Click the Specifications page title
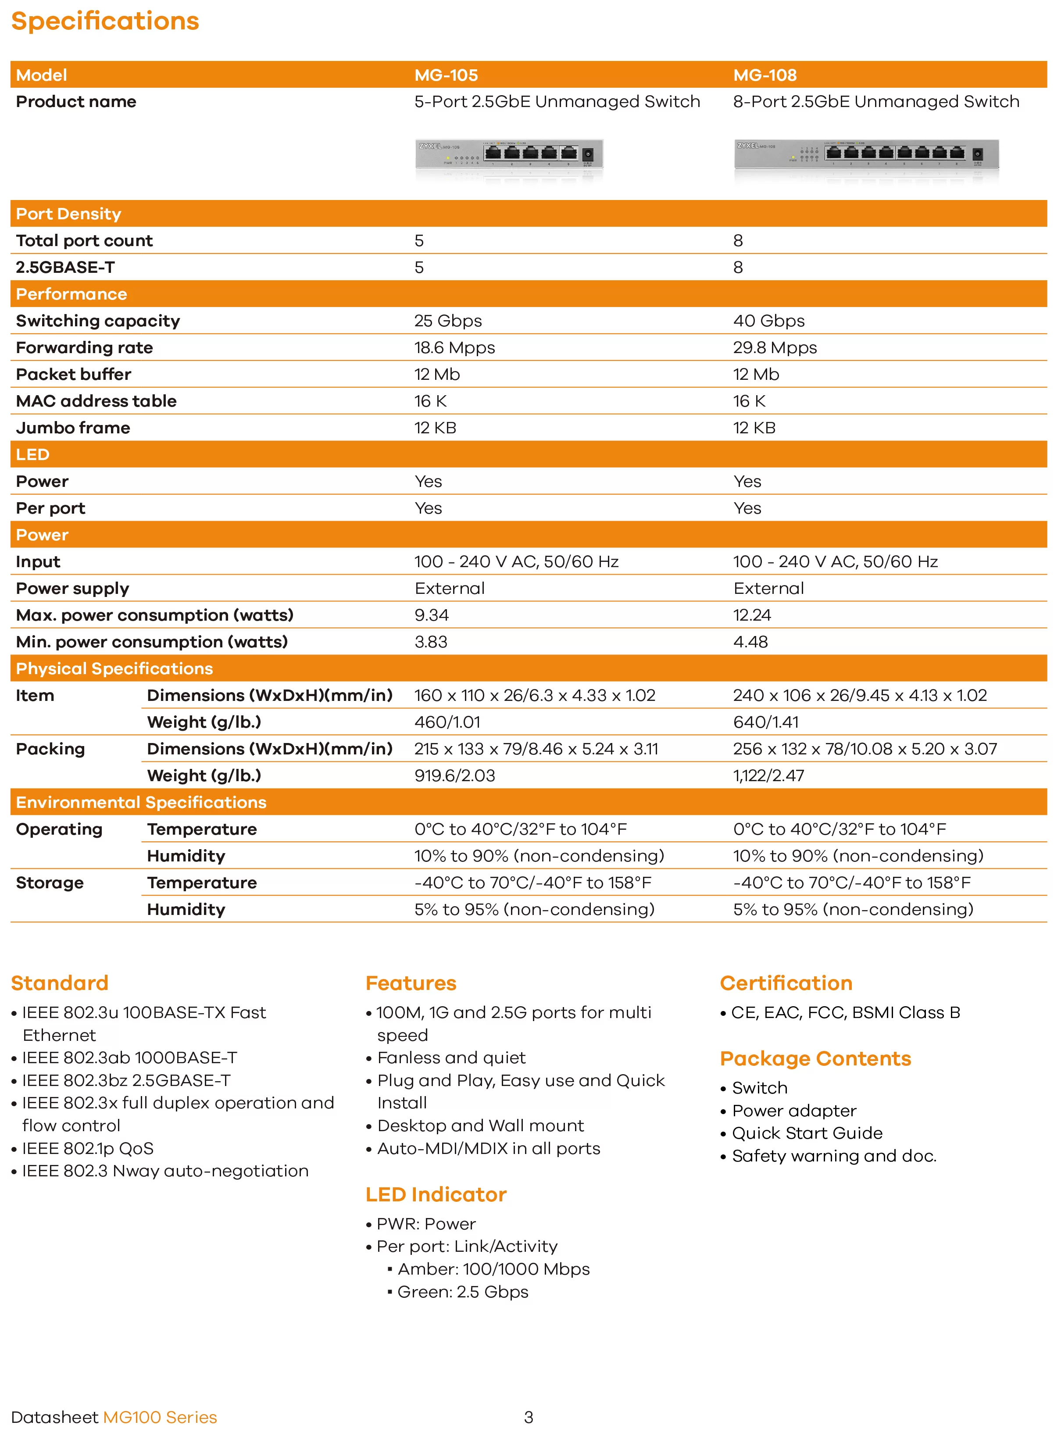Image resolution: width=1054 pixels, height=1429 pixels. pyautogui.click(x=105, y=21)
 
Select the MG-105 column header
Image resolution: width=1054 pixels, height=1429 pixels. pyautogui.click(x=446, y=75)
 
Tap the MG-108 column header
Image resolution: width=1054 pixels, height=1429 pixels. pyautogui.click(x=765, y=75)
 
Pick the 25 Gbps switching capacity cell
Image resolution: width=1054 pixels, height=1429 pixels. pyautogui.click(x=448, y=321)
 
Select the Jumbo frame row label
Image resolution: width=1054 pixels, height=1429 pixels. pyautogui.click(x=73, y=428)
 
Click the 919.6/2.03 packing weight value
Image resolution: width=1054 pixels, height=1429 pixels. pyautogui.click(x=454, y=776)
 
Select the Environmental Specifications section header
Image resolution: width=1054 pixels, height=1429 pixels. pyautogui.click(x=141, y=803)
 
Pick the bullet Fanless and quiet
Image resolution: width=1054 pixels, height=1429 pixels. pyautogui.click(x=451, y=1058)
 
